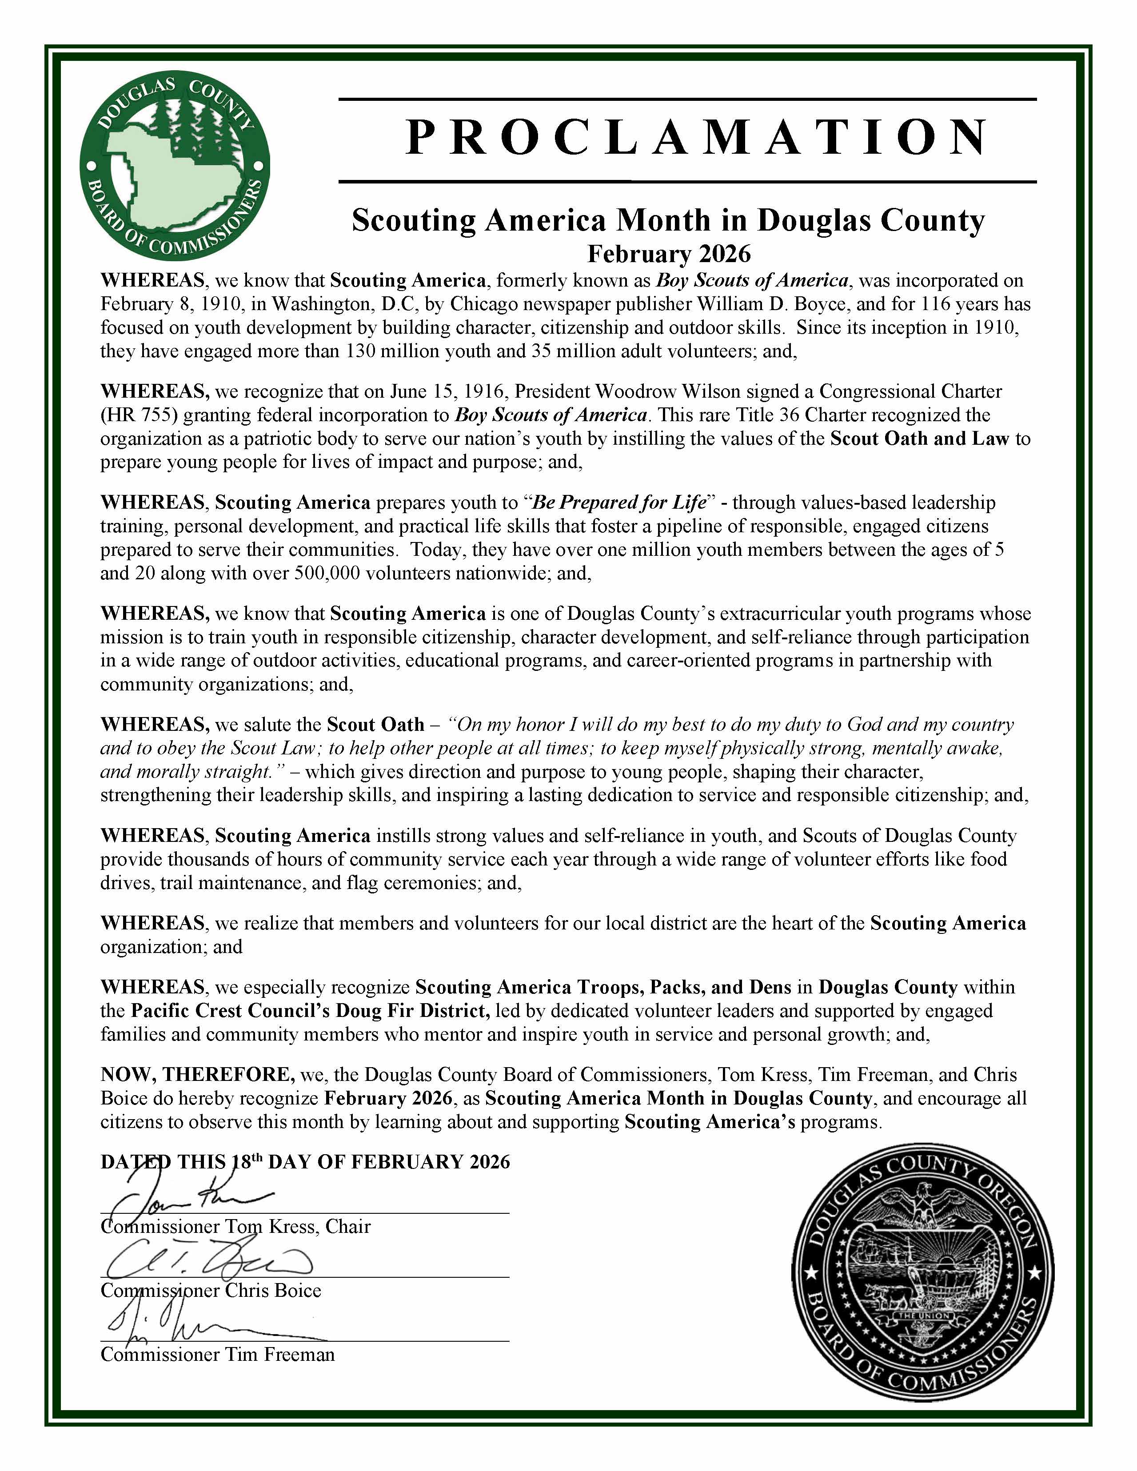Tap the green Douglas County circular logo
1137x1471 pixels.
pyautogui.click(x=175, y=167)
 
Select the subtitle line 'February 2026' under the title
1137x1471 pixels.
pyautogui.click(x=668, y=254)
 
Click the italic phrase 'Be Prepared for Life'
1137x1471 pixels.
pyautogui.click(x=618, y=503)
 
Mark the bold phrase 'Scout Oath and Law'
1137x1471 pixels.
pyautogui.click(x=919, y=439)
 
